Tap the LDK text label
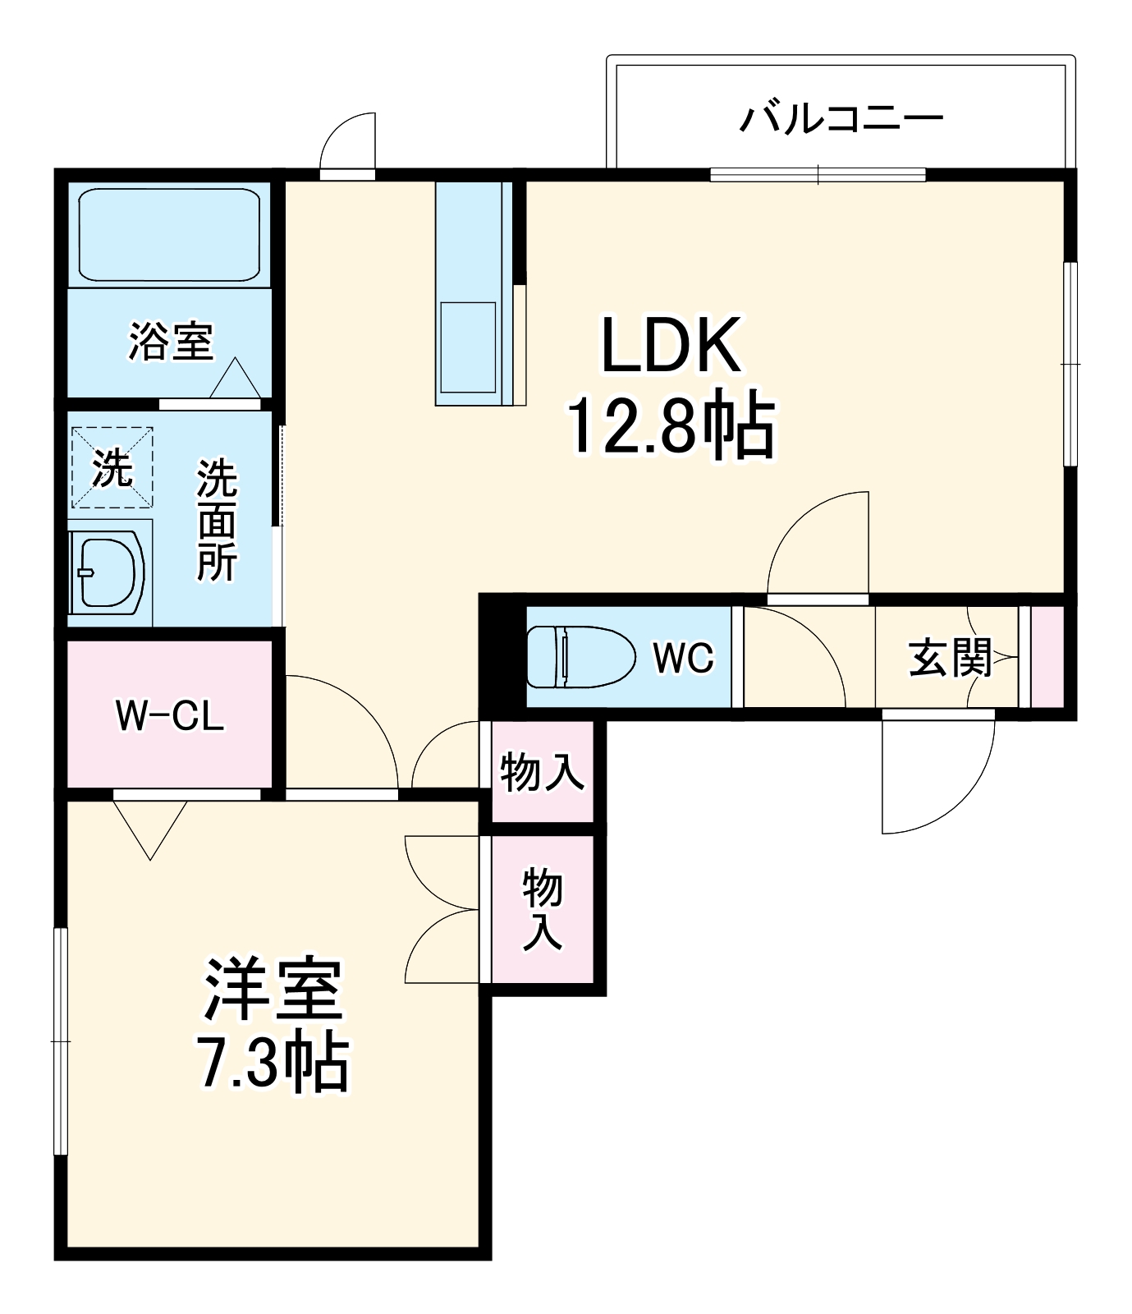click(671, 346)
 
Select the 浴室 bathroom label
click(171, 341)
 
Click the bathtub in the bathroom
click(169, 235)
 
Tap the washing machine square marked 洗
click(112, 467)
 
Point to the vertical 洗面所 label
click(217, 521)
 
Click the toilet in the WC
click(580, 656)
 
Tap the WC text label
click(683, 657)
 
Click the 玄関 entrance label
click(950, 658)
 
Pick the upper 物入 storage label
click(543, 772)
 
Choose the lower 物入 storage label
click(543, 908)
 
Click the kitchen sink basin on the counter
click(469, 347)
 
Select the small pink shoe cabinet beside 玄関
click(1047, 656)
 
